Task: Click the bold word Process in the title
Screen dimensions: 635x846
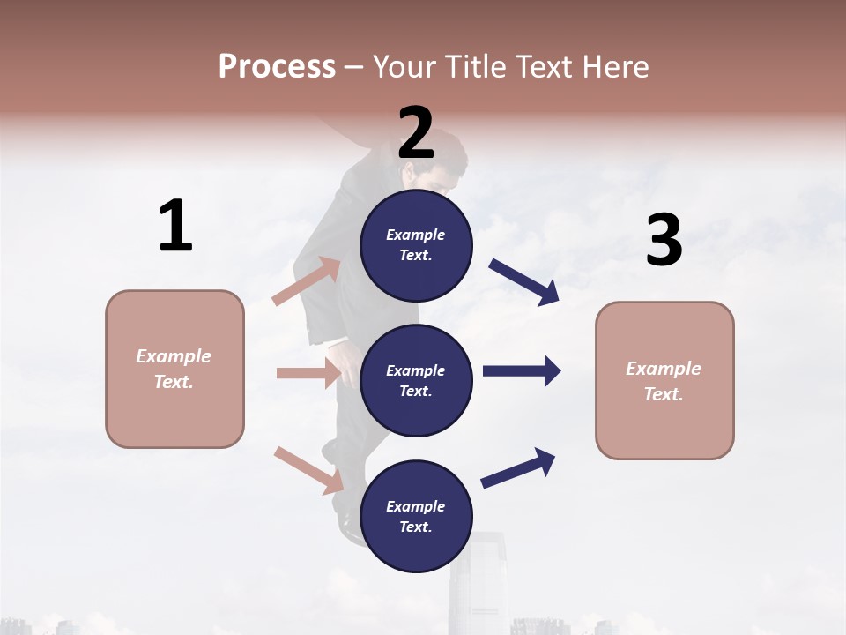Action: click(277, 66)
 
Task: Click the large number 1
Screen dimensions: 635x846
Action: click(175, 226)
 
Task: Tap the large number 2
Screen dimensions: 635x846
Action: click(416, 132)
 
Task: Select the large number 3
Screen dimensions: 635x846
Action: click(664, 240)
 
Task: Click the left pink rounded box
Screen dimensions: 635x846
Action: click(174, 369)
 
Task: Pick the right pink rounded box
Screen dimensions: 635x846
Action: click(664, 381)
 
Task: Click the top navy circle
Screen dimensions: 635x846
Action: click(416, 244)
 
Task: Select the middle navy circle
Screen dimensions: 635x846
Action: click(416, 380)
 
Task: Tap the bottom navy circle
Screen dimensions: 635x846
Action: click(416, 516)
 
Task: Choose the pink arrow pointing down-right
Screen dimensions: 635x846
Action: click(308, 470)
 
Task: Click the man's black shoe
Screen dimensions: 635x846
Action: click(350, 527)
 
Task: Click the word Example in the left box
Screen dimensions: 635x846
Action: click(174, 355)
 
